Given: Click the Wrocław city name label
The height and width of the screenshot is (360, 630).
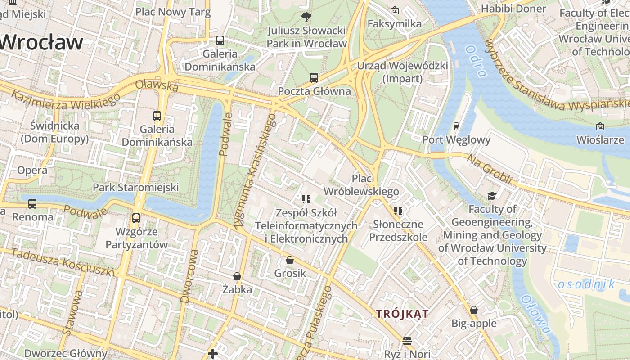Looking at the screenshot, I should pos(41,43).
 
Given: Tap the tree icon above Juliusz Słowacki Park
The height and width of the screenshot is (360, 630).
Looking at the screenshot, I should pos(306,18).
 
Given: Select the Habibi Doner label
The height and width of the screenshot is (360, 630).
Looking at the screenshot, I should pos(513,9).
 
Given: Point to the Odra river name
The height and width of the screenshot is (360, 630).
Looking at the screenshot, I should pos(477,61).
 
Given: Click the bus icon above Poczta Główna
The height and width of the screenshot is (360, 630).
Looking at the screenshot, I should pos(314,77).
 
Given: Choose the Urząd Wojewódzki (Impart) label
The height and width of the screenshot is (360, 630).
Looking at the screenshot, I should pos(402,72).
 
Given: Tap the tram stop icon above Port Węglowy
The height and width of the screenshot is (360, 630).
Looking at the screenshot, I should pos(456,126).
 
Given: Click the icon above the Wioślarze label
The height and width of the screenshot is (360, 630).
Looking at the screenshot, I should pos(600,127).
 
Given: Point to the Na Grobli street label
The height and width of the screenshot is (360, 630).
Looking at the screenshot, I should pos(489,170).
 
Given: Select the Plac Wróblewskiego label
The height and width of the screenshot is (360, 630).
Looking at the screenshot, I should pos(361,185).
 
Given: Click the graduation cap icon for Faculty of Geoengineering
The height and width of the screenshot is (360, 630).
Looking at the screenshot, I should pos(492,196).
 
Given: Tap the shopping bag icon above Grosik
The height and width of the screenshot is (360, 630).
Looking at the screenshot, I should pos(290,260).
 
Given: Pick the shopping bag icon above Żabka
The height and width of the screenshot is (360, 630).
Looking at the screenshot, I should pos(237,276).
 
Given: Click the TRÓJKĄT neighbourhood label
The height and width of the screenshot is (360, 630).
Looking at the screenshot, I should pos(402,314).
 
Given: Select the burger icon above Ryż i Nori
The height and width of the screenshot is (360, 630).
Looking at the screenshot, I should pos(407,341).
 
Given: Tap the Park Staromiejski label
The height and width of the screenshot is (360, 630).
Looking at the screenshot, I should pos(135,187).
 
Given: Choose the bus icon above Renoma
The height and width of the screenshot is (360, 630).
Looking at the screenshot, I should pos(32,204).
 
